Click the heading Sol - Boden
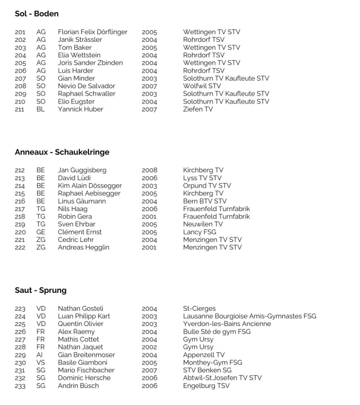[x=37, y=13]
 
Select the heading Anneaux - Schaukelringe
[x=62, y=152]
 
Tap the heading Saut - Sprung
[x=41, y=290]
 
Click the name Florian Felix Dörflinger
[x=93, y=32]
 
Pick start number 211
[x=20, y=109]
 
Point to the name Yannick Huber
[x=78, y=109]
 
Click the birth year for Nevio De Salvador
[x=149, y=86]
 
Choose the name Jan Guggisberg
[x=82, y=170]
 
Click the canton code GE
[x=41, y=232]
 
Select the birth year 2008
[x=149, y=170]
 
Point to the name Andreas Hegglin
[x=83, y=248]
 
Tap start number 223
[x=20, y=309]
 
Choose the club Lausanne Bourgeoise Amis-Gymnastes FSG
[x=249, y=316]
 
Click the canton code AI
[x=41, y=355]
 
